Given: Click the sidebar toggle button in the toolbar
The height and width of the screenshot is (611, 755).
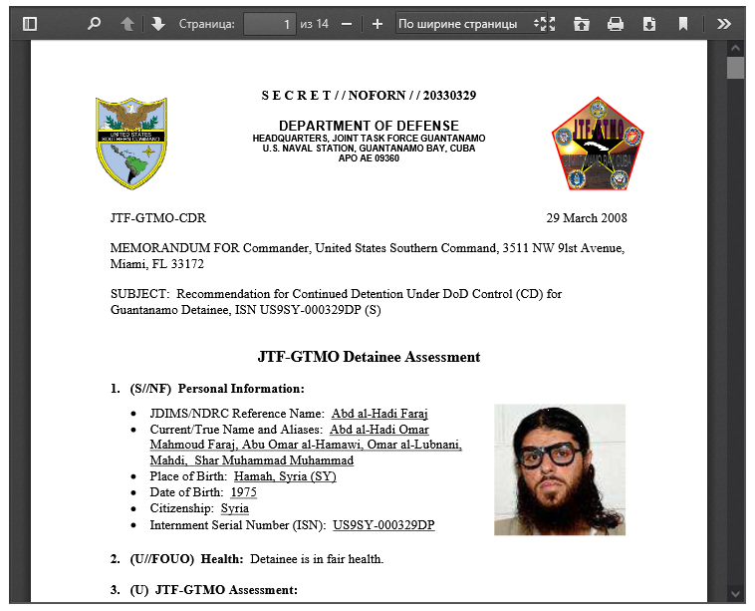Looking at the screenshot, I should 30,24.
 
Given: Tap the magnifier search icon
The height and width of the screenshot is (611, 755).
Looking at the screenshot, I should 94,24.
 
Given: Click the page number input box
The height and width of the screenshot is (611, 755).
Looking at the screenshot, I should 269,24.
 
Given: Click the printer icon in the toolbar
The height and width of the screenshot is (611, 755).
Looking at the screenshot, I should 616,24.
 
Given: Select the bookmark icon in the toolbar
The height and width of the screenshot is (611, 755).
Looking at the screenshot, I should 683,24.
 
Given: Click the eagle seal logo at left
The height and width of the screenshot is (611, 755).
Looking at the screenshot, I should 131,144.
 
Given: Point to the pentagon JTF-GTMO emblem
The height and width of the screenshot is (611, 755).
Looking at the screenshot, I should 598,145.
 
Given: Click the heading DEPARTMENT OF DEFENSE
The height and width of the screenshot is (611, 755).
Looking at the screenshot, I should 369,125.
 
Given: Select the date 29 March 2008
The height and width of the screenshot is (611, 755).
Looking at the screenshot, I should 587,218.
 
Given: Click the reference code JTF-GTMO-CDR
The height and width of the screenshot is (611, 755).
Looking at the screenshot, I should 158,218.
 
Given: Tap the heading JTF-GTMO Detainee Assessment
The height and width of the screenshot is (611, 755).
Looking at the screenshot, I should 369,357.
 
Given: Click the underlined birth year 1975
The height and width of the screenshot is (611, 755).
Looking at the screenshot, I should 244,492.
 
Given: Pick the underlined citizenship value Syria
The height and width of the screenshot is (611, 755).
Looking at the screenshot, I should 235,508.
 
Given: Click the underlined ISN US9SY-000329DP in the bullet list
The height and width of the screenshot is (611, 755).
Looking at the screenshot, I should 383,525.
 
